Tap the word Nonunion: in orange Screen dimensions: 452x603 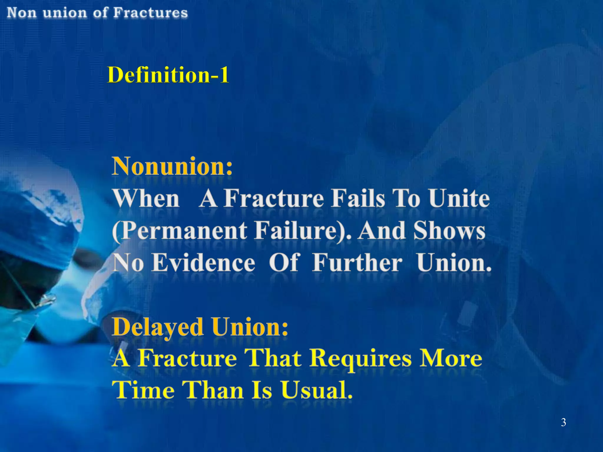point(172,166)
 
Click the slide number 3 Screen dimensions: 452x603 point(563,422)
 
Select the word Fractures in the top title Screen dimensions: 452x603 point(150,13)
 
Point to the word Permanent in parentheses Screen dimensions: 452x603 point(180,231)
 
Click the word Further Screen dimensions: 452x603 point(357,262)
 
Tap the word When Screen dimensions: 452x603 point(146,199)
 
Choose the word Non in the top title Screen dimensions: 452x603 point(21,13)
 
